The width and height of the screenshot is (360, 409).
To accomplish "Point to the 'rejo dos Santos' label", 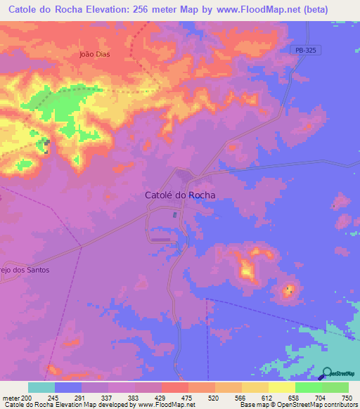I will pos(25,270).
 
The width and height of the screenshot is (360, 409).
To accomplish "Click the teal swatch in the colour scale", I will pos(41,387).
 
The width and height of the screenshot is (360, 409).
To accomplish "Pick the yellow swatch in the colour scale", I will pos(282,387).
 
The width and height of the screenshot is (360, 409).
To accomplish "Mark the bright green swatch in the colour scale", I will pos(309,387).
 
